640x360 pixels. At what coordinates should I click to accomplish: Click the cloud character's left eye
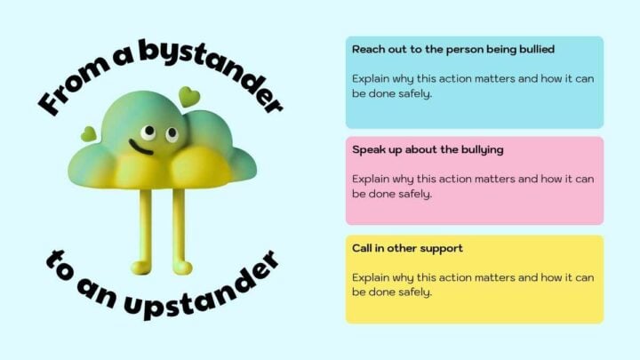[148, 133]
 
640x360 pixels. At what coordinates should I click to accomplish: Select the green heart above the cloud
[188, 96]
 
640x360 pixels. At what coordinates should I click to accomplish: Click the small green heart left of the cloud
[88, 134]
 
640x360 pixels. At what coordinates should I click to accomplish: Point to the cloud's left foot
[140, 267]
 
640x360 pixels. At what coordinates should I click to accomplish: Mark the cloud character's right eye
[168, 135]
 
